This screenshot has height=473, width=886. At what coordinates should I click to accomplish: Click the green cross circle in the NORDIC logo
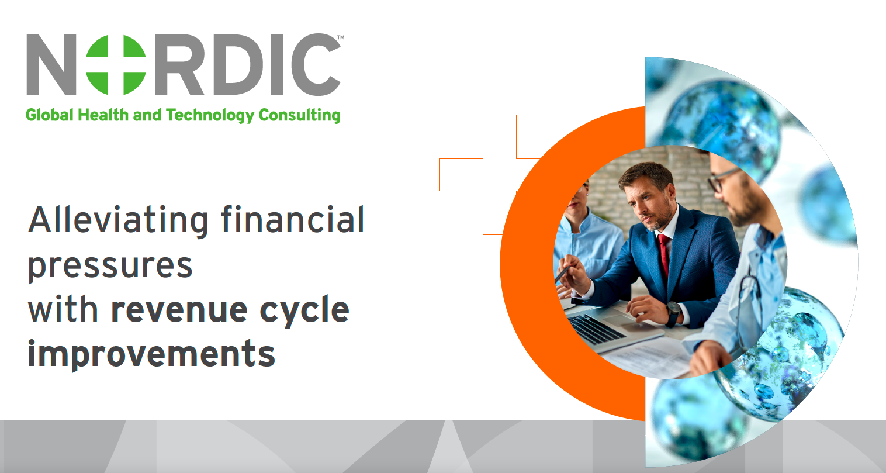coord(116,64)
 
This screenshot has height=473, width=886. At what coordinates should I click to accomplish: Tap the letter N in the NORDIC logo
coord(51,64)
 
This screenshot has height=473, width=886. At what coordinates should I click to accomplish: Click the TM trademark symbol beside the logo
coord(341,37)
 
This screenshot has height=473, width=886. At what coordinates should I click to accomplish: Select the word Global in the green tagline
coord(50,115)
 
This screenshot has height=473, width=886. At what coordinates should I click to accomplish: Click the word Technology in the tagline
coord(210,115)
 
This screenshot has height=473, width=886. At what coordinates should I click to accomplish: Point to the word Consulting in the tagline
coord(299,115)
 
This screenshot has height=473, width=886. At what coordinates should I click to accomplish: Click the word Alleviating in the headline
coord(118,220)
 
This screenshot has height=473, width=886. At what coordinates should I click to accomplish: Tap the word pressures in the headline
coord(110,266)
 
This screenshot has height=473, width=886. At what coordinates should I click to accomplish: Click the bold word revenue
coord(179,309)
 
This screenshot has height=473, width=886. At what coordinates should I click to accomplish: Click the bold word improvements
coord(151,355)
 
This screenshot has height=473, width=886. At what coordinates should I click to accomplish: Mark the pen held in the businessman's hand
coord(563,274)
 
